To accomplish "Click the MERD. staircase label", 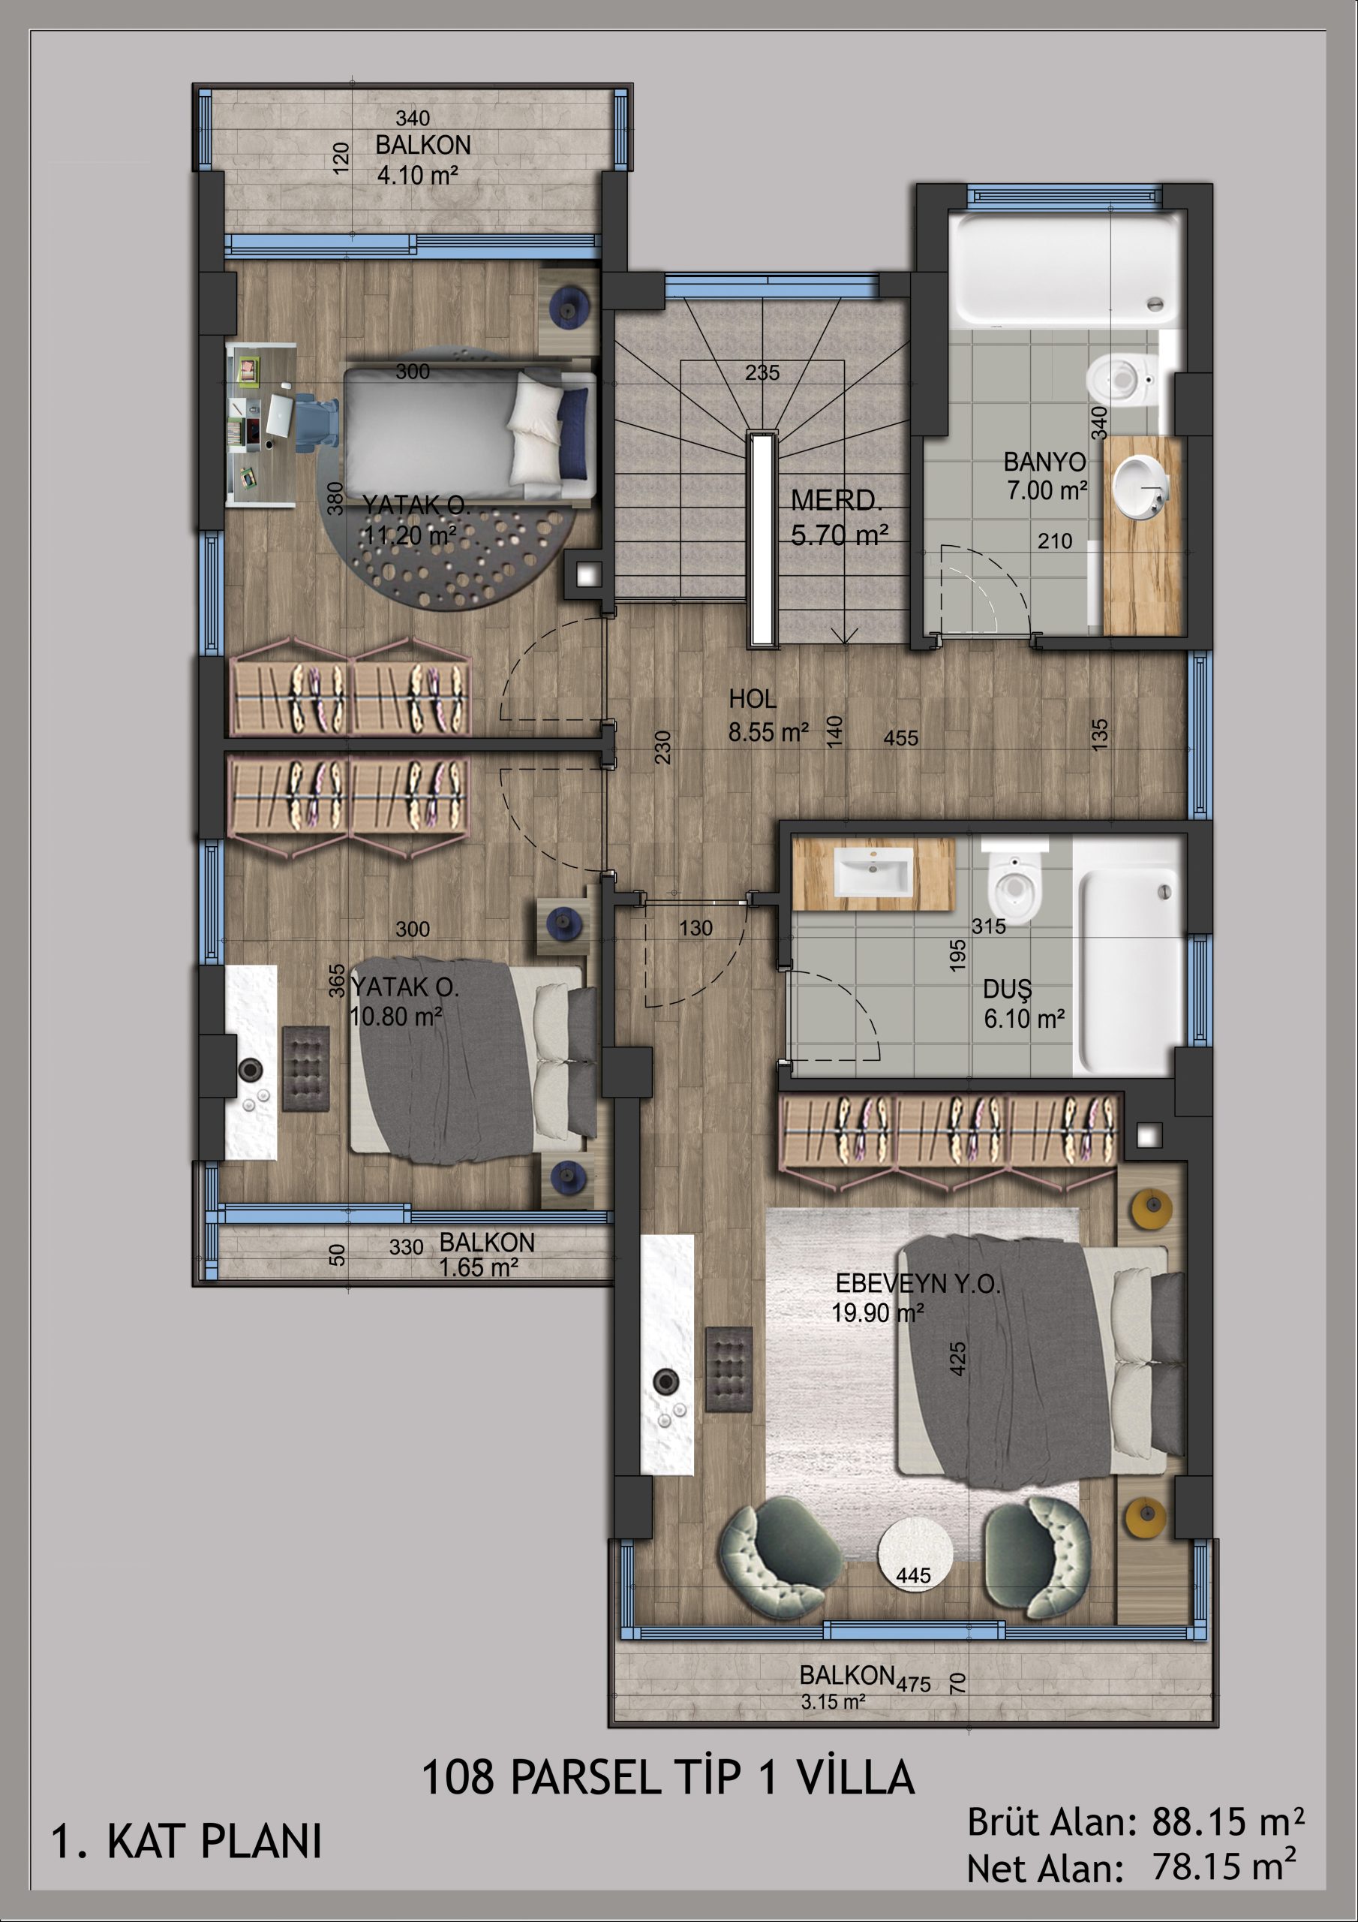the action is tap(836, 501).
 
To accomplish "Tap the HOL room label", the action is tap(753, 699).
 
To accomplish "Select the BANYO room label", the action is tap(1044, 461).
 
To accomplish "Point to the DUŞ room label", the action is tap(1008, 990).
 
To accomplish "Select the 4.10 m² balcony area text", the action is tap(417, 175).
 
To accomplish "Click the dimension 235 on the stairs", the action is tap(762, 372).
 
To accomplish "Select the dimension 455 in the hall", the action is tap(901, 738).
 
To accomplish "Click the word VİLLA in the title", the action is tap(855, 1778).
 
